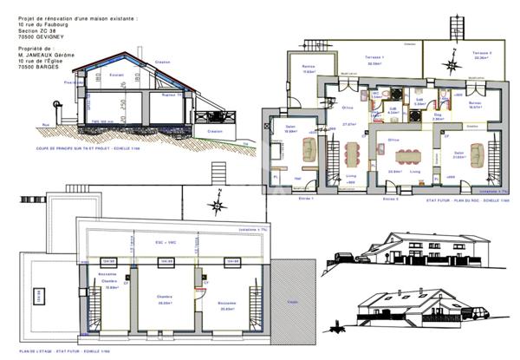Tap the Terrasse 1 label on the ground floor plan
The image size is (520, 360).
[x=375, y=59]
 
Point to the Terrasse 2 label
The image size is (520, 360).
[x=482, y=54]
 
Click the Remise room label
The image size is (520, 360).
[x=308, y=68]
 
